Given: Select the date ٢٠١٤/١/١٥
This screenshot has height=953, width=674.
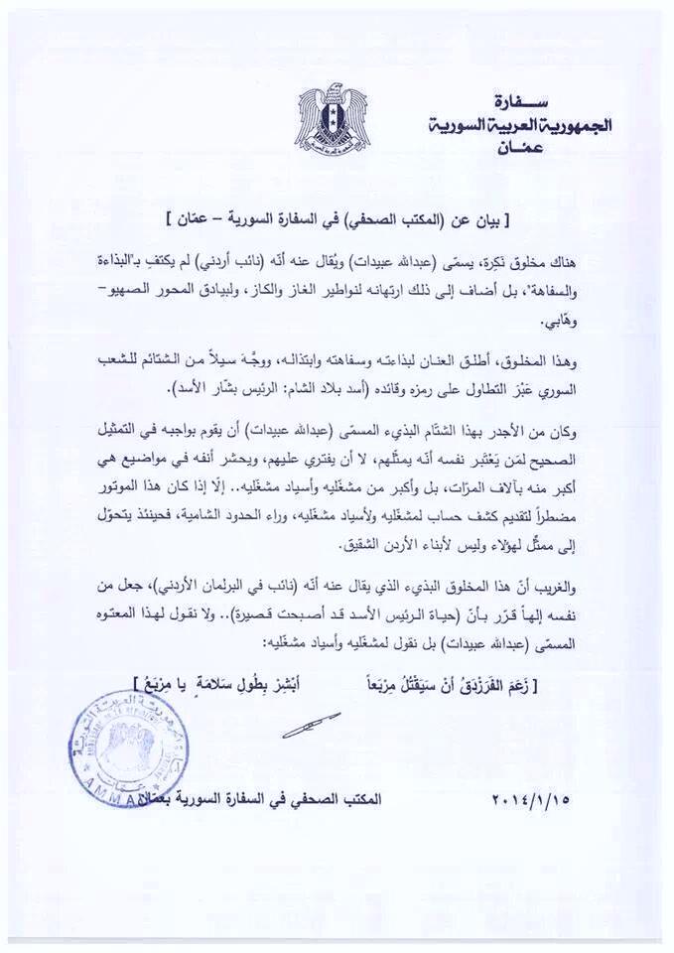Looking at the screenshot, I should (533, 799).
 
